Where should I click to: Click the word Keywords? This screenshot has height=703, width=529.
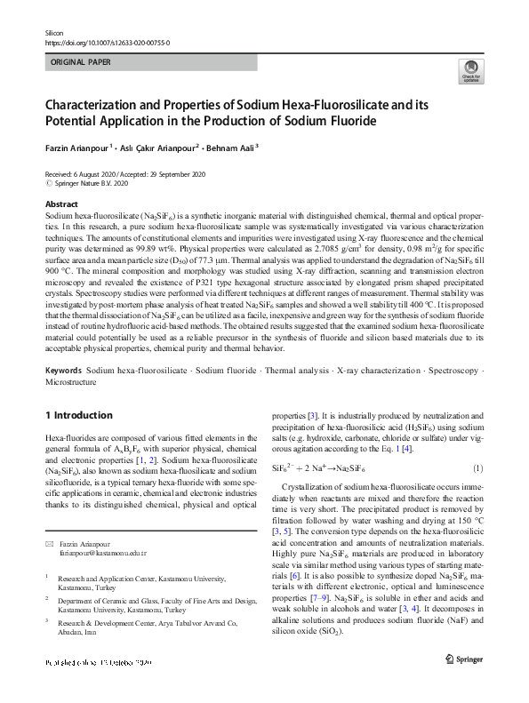[x=63, y=369]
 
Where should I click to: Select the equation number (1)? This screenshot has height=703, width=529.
[x=477, y=468]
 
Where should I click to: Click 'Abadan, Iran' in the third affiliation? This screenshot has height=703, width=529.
[x=82, y=657]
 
